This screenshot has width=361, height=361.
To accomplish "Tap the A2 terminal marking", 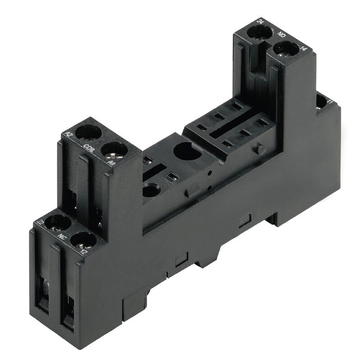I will tap(69, 134).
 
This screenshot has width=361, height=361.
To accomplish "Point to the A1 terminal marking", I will tap(111, 161).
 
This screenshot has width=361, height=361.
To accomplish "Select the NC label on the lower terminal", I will tap(60, 235).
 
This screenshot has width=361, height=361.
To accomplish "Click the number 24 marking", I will tap(260, 21).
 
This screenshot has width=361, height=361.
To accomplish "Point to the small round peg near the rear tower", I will tap(259, 149).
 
